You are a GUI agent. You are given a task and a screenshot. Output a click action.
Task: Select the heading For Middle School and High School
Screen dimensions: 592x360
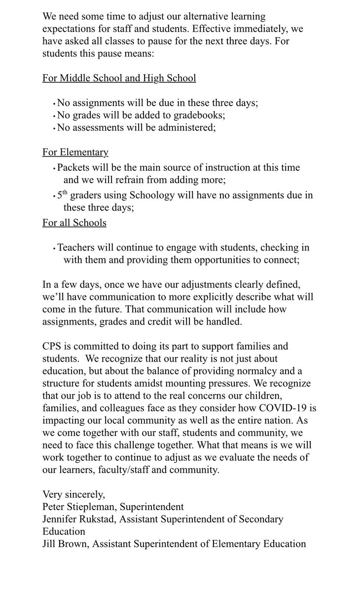pos(119,78)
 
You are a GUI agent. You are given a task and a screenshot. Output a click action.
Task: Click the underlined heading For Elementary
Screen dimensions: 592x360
pos(75,152)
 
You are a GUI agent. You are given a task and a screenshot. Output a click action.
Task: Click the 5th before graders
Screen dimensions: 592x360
pos(63,194)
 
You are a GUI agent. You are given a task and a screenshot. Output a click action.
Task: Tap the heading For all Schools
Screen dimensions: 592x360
pos(74,222)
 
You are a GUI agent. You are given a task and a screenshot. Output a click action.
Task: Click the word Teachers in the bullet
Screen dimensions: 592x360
pos(76,248)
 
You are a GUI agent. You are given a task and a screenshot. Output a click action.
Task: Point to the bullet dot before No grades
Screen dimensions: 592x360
pos(54,115)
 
